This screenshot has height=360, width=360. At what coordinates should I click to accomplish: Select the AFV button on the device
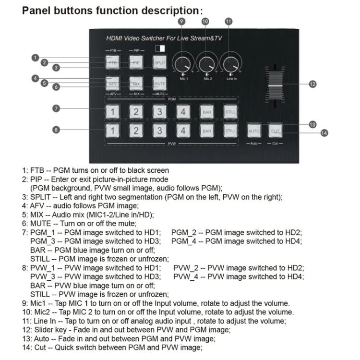click(112, 84)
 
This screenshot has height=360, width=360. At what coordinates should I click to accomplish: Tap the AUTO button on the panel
click(254, 131)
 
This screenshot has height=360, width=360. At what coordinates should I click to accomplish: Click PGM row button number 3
click(159, 112)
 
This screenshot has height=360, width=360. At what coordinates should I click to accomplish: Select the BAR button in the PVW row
click(207, 131)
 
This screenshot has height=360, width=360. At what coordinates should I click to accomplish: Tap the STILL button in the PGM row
click(230, 112)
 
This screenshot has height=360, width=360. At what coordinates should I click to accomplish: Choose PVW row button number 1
click(112, 131)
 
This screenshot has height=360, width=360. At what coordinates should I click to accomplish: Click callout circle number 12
click(312, 84)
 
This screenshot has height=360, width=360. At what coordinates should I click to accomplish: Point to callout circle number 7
click(56, 108)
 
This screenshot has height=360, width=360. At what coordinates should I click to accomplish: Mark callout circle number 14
click(324, 133)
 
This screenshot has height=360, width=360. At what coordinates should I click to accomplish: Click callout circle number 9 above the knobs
click(181, 21)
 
